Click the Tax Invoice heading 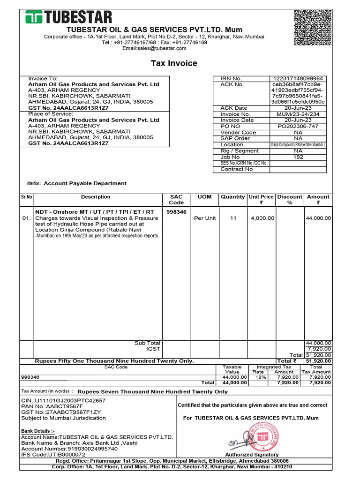point(173,63)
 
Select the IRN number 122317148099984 point(298,78)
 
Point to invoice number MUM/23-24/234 point(298,114)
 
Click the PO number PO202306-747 point(298,126)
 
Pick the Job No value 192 point(298,157)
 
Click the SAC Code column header point(176,200)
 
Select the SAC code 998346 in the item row point(176,212)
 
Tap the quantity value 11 point(233,218)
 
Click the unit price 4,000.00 point(261,218)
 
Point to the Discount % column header point(289,200)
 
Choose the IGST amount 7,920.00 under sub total point(319,349)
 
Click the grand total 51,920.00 point(319,361)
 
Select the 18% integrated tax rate point(258,377)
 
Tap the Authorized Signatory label point(252,455)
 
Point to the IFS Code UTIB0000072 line point(53,454)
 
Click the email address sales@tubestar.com point(154,48)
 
